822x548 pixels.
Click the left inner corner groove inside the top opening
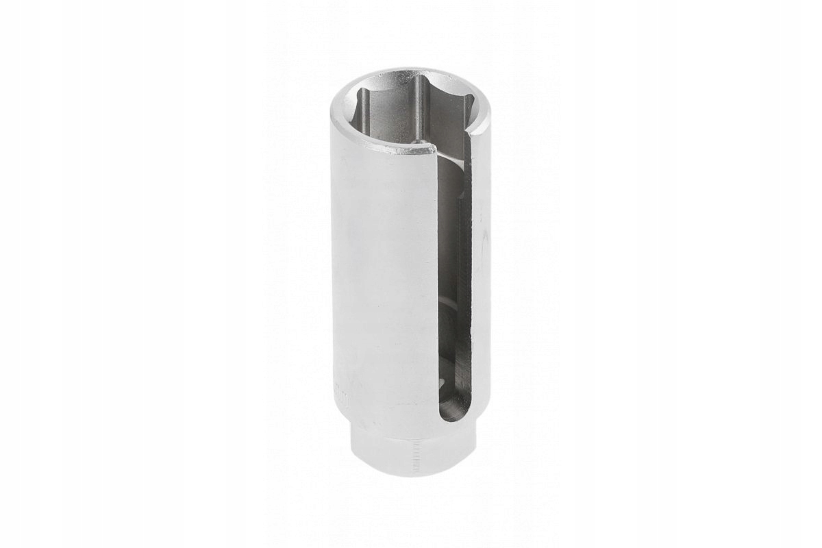tap(364, 110)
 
